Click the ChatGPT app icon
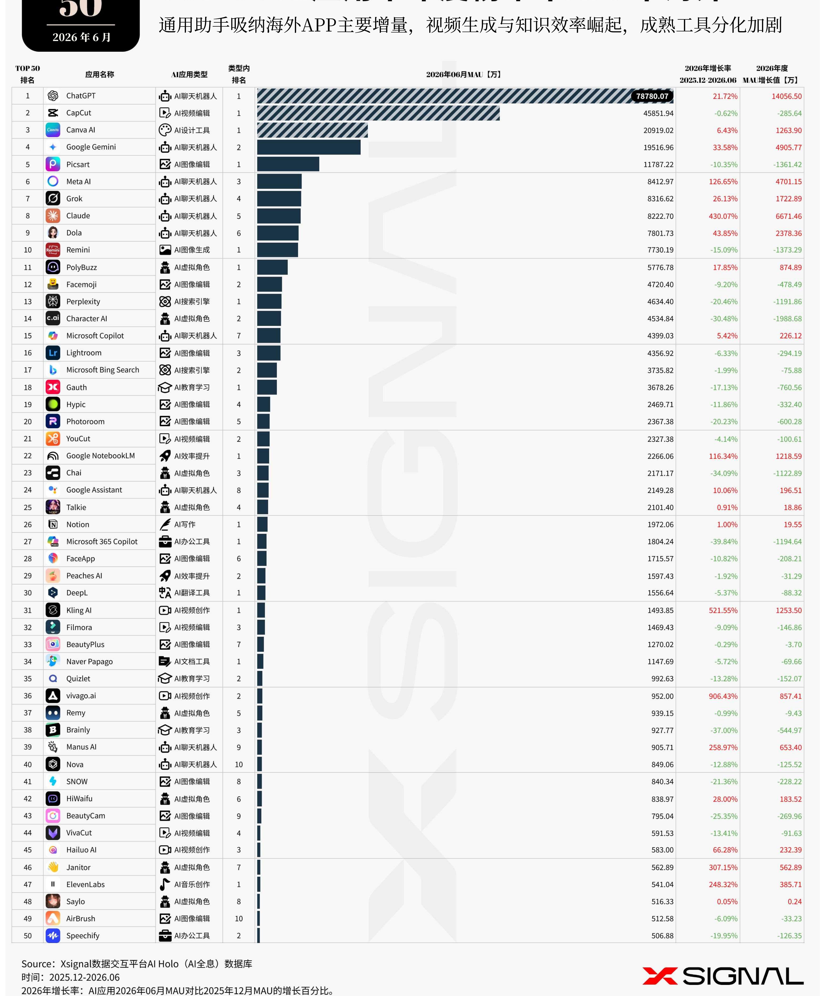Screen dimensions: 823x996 53,96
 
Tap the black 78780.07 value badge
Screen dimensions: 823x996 652,96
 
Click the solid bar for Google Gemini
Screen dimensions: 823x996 309,147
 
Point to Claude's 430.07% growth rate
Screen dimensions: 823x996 723,216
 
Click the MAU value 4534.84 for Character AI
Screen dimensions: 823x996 660,318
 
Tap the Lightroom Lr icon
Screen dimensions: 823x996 53,353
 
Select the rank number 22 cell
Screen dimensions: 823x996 28,456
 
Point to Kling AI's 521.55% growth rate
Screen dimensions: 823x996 723,611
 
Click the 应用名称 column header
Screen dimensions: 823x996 100,74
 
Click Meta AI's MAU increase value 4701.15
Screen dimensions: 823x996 788,182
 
